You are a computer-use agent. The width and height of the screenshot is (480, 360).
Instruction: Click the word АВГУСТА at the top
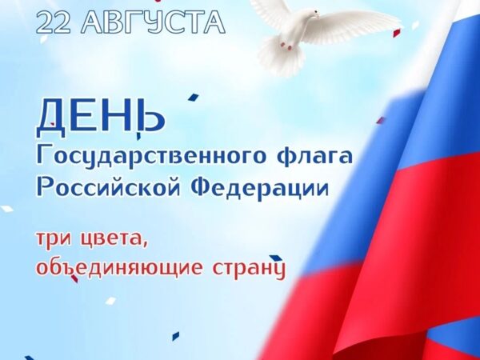click(x=154, y=22)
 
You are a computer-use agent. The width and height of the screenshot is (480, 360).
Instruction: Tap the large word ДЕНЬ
click(x=101, y=118)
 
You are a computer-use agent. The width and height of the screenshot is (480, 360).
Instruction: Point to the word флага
click(x=315, y=156)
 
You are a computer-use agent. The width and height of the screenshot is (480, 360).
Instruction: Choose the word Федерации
click(x=260, y=187)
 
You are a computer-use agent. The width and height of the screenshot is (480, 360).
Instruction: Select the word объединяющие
click(x=120, y=266)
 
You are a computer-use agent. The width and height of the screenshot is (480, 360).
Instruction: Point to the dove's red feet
click(x=286, y=46)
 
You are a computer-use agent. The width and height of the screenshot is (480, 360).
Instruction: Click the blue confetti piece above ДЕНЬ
click(x=193, y=97)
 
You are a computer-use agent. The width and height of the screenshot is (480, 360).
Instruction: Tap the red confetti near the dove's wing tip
click(x=397, y=33)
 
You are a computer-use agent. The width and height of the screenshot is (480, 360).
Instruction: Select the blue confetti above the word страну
click(x=274, y=258)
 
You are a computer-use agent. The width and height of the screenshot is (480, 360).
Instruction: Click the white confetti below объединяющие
click(x=111, y=300)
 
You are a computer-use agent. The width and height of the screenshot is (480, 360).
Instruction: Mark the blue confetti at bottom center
click(x=176, y=336)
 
